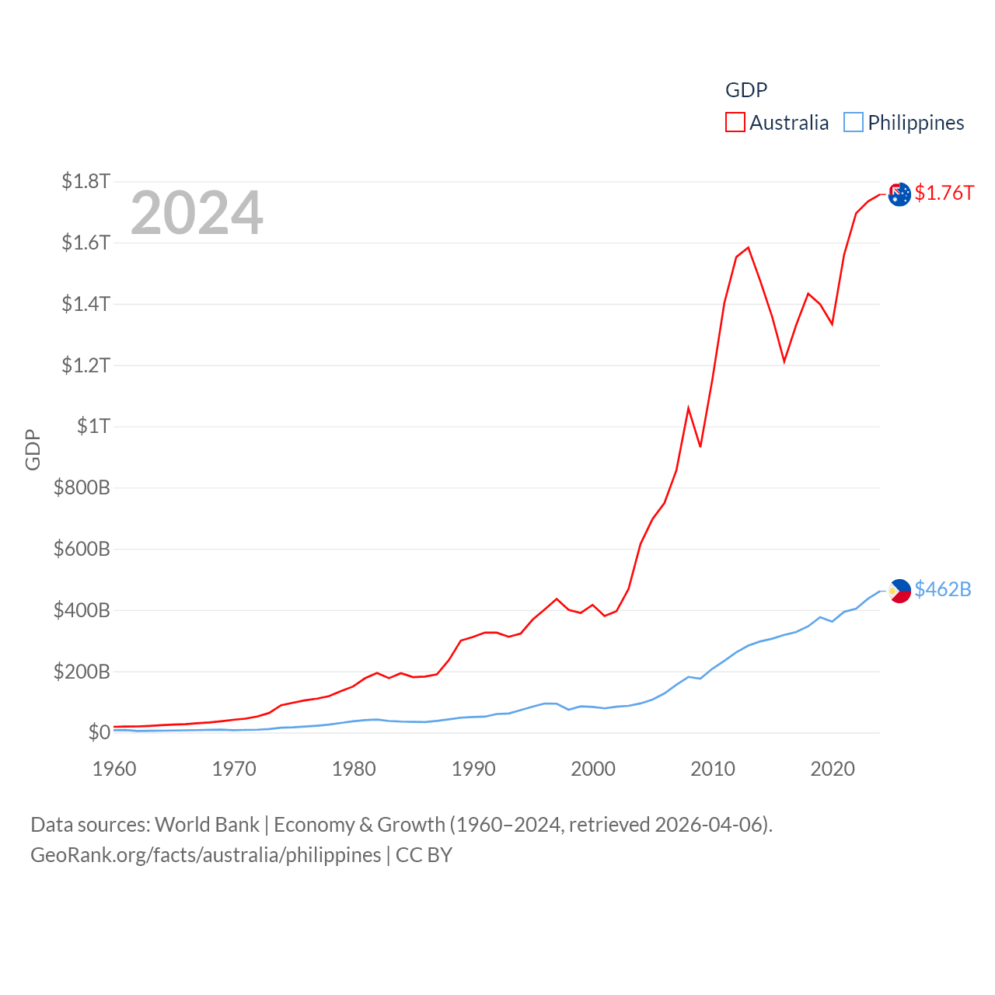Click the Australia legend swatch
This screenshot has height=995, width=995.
point(735,123)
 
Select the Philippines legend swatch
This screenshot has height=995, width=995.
point(854,123)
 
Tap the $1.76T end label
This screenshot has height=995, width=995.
point(944,193)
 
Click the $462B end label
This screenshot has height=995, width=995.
point(942,589)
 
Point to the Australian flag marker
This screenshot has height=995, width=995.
point(899,194)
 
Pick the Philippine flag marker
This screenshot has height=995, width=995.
point(899,591)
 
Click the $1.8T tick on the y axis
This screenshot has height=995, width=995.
point(86,181)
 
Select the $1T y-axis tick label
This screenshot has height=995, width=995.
point(93,426)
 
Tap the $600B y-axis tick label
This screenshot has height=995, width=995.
point(82,549)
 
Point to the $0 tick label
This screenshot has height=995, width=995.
point(99,732)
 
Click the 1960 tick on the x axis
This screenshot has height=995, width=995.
point(114,769)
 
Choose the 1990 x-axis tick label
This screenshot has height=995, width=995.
point(473,769)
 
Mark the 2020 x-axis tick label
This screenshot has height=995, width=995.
point(833,769)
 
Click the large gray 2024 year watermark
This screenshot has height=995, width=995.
point(197,213)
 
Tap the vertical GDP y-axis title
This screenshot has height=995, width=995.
point(33,449)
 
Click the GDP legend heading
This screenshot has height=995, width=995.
point(746,90)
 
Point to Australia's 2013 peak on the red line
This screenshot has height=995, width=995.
point(748,248)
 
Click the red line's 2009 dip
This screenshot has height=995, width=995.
point(700,446)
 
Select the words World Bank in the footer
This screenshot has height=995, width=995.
point(207,825)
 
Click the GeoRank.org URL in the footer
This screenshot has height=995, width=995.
point(206,855)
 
